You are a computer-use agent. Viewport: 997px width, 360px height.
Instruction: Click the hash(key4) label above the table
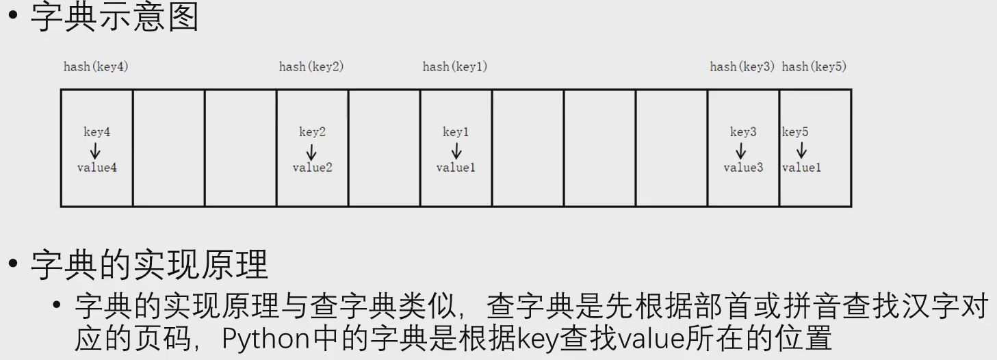(96, 67)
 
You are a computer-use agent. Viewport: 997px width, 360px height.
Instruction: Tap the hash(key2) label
(311, 67)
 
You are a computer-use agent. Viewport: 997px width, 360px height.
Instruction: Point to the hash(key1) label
(455, 67)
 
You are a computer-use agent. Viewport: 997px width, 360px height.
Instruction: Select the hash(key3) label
(742, 67)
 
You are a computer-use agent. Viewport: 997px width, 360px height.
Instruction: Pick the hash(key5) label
(814, 67)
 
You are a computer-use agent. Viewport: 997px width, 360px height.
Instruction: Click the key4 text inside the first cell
(96, 132)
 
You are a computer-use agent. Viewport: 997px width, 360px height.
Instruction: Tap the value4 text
(96, 168)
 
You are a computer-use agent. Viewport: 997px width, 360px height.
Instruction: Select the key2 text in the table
(312, 132)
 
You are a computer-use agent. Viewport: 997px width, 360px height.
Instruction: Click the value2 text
(312, 168)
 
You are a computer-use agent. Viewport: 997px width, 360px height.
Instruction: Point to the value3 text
(743, 168)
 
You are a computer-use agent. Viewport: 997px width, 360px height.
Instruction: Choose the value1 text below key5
(801, 168)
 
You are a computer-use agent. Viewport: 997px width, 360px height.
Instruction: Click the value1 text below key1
(456, 168)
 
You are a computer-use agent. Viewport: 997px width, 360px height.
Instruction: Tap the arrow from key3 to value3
(741, 151)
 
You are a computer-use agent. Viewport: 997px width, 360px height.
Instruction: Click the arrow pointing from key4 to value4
(96, 151)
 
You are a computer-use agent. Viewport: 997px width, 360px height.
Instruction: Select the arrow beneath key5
(801, 151)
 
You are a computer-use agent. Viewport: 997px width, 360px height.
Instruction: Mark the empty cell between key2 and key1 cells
(384, 148)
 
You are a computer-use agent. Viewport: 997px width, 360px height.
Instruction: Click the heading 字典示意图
(114, 17)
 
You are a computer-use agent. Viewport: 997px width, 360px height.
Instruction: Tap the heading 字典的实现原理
(149, 263)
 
